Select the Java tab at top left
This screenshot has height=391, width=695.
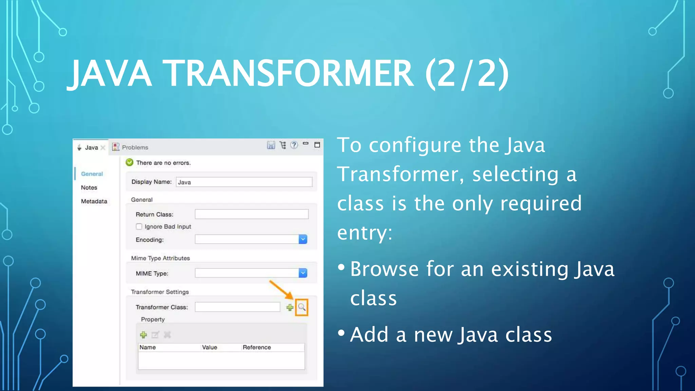click(91, 147)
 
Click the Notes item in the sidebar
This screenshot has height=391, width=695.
click(89, 187)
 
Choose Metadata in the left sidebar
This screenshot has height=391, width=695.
click(94, 201)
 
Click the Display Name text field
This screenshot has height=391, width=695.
click(244, 182)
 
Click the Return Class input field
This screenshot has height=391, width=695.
click(251, 214)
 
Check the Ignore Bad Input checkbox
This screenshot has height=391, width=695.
click(139, 226)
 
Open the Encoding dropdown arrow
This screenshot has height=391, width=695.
click(303, 239)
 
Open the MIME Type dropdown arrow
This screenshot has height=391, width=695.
click(303, 273)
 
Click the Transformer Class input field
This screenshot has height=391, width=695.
click(237, 307)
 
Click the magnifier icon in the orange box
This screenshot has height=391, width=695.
click(301, 308)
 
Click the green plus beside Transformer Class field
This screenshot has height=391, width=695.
click(289, 308)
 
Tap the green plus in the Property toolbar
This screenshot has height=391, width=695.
click(143, 335)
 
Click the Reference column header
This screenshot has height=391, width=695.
click(257, 347)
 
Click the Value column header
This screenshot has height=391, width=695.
click(209, 347)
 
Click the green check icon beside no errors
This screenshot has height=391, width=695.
click(129, 162)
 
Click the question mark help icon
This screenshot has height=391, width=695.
click(294, 145)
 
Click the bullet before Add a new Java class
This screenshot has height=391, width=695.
click(341, 333)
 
